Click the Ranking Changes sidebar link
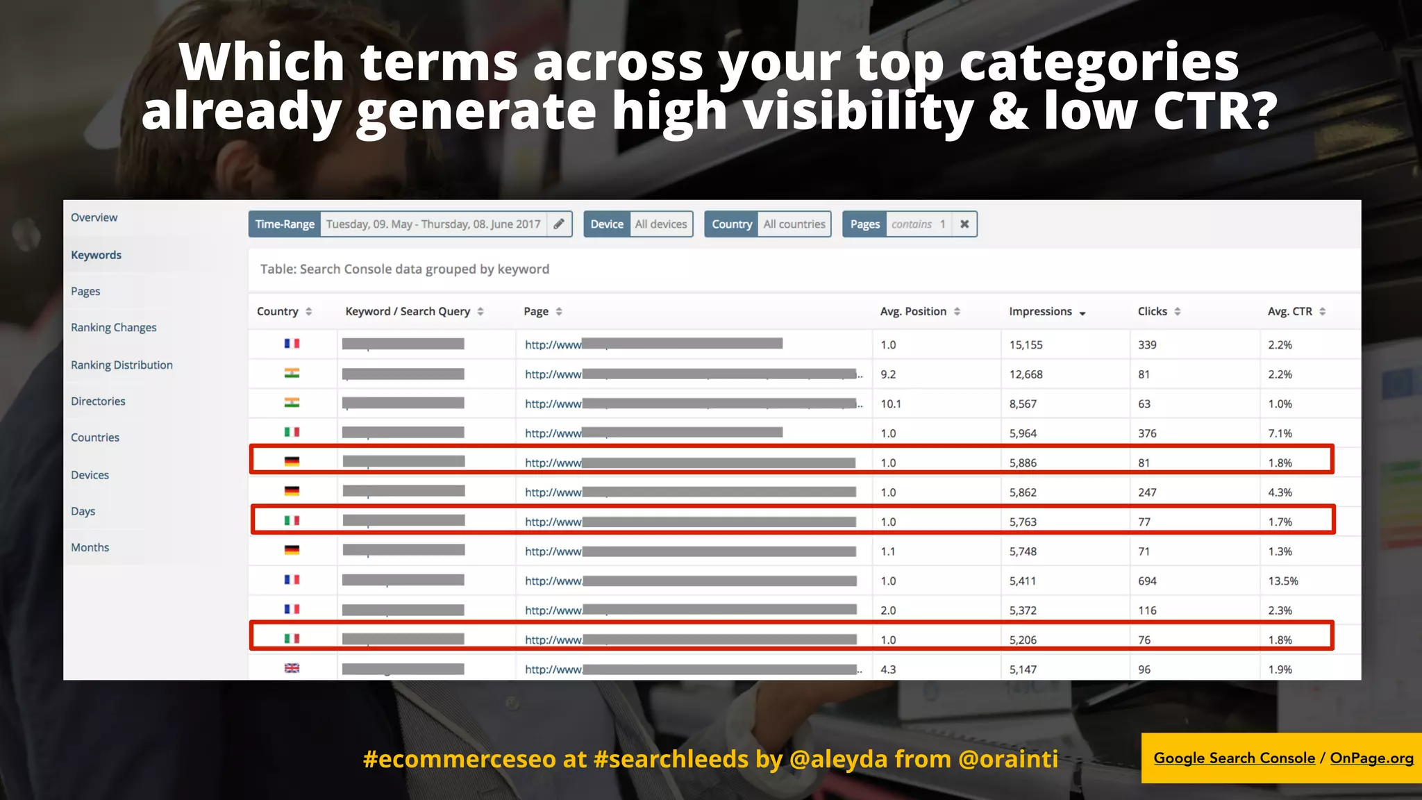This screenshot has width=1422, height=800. pos(113,328)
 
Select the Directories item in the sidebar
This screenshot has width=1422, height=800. pos(98,401)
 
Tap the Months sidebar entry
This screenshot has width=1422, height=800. pos(90,547)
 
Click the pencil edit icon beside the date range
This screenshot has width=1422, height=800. pos(559,224)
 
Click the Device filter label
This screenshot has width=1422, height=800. pos(607,224)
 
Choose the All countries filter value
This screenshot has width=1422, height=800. pos(794,224)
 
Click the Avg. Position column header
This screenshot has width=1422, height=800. pos(913,311)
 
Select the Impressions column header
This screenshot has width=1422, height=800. pos(1040,311)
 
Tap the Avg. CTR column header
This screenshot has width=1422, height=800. pos(1289,311)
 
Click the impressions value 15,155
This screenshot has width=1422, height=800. pos(1026,345)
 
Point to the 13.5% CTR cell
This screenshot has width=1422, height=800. pos(1282,581)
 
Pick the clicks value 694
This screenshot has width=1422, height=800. pos(1147,581)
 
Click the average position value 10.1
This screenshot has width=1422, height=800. pos(891,404)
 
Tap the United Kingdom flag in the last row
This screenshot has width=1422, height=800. pos(292,668)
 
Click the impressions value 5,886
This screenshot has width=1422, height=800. pos(1023,463)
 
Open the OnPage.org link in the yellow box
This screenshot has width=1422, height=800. pos(1371,758)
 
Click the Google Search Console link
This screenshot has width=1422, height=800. pos(1234,758)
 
